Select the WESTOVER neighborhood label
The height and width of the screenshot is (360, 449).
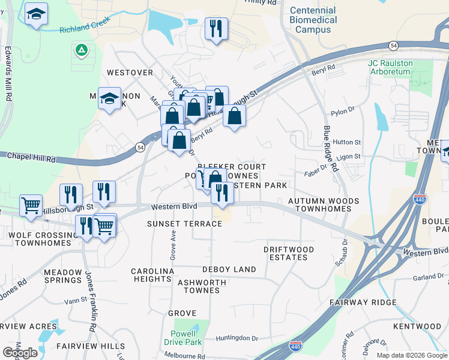click(x=130, y=73)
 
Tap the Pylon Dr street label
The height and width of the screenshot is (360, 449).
click(x=343, y=113)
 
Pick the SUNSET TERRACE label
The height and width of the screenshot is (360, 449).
click(x=184, y=224)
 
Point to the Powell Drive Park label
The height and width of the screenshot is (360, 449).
click(x=182, y=338)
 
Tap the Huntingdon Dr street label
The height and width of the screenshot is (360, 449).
click(x=237, y=338)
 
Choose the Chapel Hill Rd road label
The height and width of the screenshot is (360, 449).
click(x=31, y=157)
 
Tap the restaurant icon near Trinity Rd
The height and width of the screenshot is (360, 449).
click(x=215, y=28)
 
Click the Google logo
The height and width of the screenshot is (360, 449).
click(x=20, y=353)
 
